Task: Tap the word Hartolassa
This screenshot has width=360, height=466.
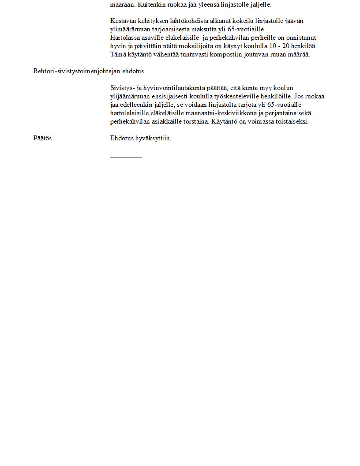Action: (x=124, y=38)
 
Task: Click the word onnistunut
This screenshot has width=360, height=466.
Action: (x=301, y=38)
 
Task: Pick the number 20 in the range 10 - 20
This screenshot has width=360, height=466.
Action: (x=284, y=46)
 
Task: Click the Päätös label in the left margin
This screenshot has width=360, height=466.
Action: (x=42, y=139)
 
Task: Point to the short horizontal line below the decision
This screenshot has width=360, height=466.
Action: (x=126, y=157)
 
